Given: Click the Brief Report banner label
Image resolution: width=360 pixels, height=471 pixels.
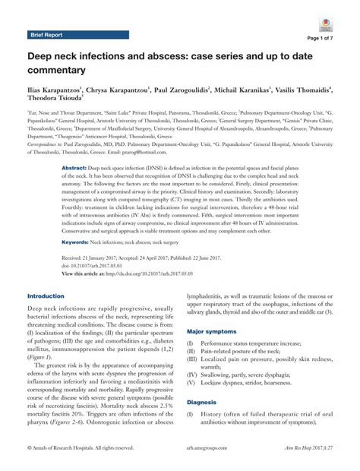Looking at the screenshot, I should [47, 35].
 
